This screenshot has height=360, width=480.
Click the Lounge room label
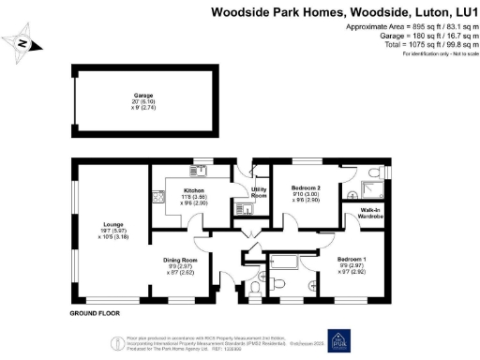tap(112, 224)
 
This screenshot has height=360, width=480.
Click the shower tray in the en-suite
tap(373, 174)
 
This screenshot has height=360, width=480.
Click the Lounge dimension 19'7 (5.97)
tap(112, 230)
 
